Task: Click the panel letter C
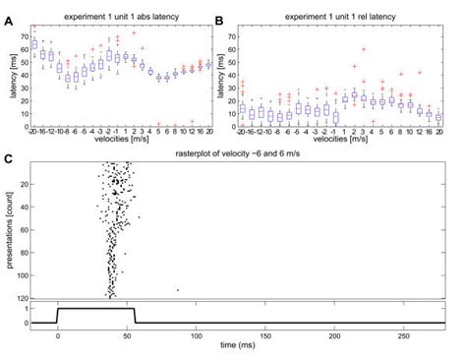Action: click(x=8, y=157)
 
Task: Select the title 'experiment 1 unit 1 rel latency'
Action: click(x=345, y=18)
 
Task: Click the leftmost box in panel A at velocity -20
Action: click(x=35, y=45)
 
